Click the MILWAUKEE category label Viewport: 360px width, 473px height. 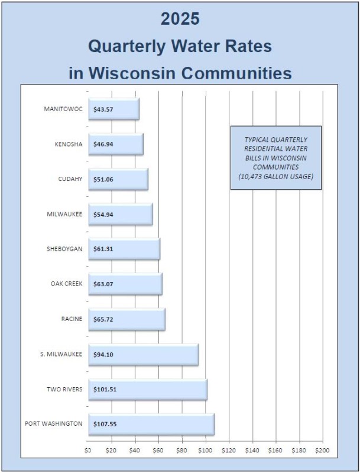[x=66, y=214]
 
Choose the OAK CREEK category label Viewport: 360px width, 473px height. [x=66, y=284]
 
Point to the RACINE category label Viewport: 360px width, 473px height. [x=72, y=319]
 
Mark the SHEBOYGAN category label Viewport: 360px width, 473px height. [x=64, y=249]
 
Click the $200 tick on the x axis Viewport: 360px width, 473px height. [x=322, y=451]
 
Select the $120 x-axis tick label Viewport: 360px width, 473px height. [x=229, y=451]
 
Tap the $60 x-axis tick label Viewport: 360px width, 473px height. [x=158, y=451]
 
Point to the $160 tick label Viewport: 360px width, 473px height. [x=275, y=451]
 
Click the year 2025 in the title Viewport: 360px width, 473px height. [x=180, y=19]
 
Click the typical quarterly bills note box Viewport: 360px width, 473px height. [x=275, y=157]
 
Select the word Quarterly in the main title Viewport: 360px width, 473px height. [x=132, y=46]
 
